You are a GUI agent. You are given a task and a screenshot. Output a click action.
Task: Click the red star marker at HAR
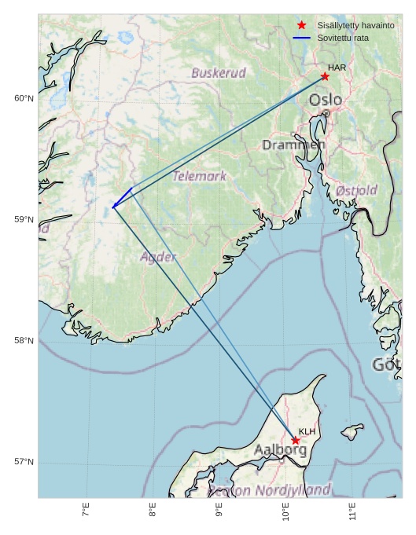tap(325, 76)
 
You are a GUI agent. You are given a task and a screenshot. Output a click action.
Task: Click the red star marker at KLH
tap(296, 441)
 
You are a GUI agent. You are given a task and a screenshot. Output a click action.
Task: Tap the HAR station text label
tap(337, 68)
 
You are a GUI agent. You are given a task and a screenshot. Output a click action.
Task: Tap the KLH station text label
tap(307, 431)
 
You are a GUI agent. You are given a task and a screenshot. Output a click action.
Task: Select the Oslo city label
tap(325, 100)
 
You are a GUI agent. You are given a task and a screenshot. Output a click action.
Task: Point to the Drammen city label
tap(293, 145)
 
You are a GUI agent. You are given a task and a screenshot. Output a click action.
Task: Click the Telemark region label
tap(200, 176)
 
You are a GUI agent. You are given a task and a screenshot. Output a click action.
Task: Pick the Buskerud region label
tap(219, 73)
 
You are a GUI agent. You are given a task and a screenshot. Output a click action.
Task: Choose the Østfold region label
tap(356, 190)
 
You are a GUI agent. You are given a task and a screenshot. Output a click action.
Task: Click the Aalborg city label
tap(280, 450)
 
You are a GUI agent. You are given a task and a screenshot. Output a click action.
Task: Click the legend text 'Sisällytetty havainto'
tap(355, 26)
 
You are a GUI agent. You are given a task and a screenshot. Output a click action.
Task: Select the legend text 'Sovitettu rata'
tap(343, 38)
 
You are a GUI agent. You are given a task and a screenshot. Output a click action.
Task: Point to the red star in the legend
tap(301, 26)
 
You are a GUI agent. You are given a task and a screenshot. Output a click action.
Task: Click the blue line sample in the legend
tap(301, 38)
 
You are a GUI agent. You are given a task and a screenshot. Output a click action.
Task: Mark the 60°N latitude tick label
tap(24, 98)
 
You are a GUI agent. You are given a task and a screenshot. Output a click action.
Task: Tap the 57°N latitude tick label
tap(24, 461)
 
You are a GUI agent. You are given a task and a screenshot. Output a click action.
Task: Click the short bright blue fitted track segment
tap(122, 197)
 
